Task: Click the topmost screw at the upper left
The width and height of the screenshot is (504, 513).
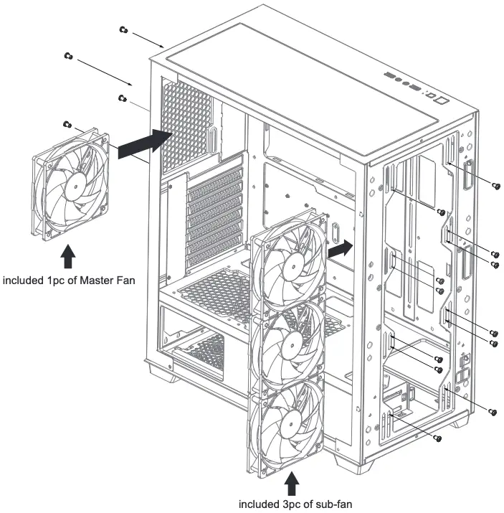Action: click(123, 29)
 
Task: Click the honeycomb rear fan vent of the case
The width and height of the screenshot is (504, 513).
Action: click(187, 126)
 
